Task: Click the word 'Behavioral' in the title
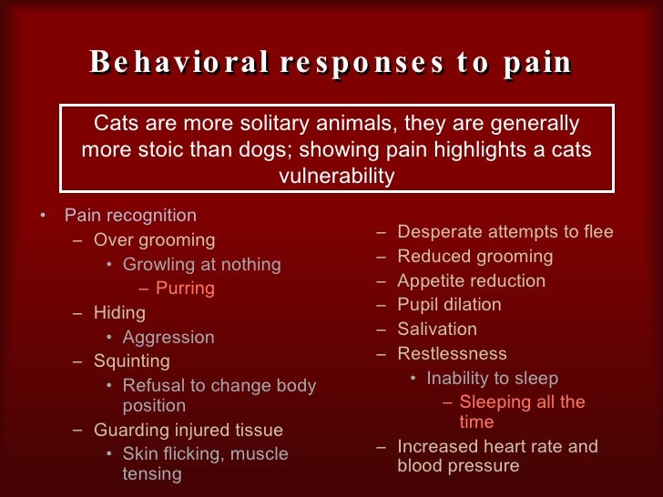pos(178,63)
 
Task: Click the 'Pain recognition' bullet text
pos(130,216)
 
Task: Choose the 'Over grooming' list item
pos(154,240)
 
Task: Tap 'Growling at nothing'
pos(201,265)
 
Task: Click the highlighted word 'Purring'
pos(185,289)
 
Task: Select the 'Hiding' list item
pos(119,312)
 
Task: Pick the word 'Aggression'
pos(168,337)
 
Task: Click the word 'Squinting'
pos(132,360)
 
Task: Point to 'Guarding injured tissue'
pos(189,430)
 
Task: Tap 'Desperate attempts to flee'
pos(505,232)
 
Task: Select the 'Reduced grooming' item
pos(475,257)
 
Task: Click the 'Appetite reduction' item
pos(472,281)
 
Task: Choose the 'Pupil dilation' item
pos(450,305)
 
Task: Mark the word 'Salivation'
pos(437,330)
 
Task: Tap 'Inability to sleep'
pos(493,378)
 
